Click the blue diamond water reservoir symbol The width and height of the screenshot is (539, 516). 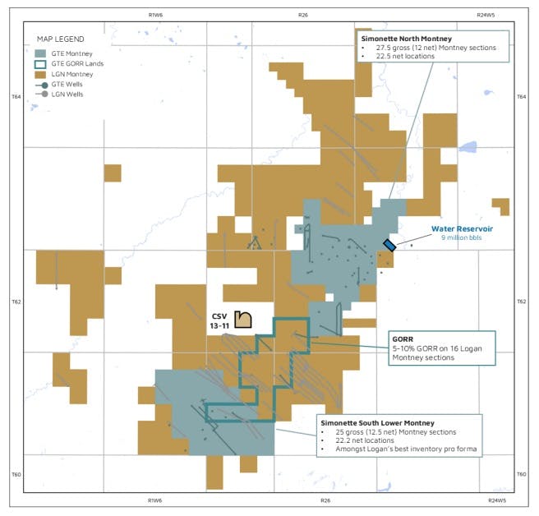coord(389,244)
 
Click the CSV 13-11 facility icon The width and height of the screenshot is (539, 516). coord(242,319)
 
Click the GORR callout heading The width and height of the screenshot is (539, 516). coord(403,338)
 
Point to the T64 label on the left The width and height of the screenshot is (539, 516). coord(16,96)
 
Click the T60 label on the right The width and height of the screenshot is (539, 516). coord(521,474)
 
